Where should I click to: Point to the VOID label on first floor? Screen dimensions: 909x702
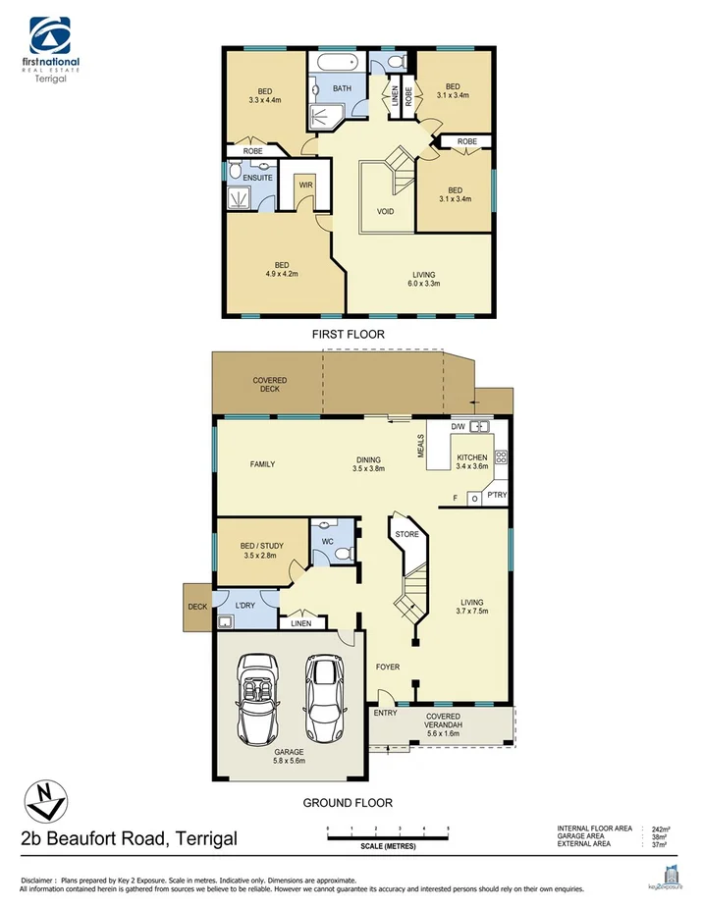386,211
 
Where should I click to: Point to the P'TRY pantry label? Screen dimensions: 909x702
497,496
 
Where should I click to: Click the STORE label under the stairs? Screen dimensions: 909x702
406,535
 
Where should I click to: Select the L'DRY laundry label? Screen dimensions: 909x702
244,606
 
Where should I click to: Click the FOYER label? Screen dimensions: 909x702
388,668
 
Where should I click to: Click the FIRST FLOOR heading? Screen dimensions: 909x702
348,335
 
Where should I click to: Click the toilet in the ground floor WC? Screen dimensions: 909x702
342,553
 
